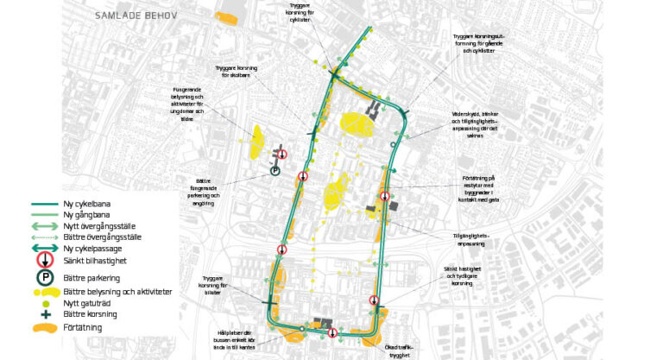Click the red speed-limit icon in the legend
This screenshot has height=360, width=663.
click(42, 262)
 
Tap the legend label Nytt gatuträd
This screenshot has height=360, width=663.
click(85, 304)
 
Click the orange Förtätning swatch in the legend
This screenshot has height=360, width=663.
click(42, 328)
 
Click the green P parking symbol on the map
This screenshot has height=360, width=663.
click(275, 171)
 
